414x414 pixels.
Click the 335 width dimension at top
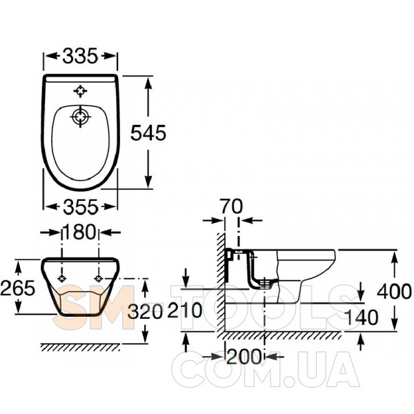point(80,56)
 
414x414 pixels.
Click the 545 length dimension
point(148,132)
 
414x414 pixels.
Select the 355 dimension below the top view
point(81,207)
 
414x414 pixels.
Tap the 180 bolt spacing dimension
point(79,232)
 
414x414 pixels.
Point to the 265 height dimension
point(18,288)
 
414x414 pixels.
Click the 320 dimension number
point(145,312)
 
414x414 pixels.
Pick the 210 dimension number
point(185,310)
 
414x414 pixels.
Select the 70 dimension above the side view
point(232,206)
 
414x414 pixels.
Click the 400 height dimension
point(394,291)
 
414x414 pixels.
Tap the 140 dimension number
point(362,317)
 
